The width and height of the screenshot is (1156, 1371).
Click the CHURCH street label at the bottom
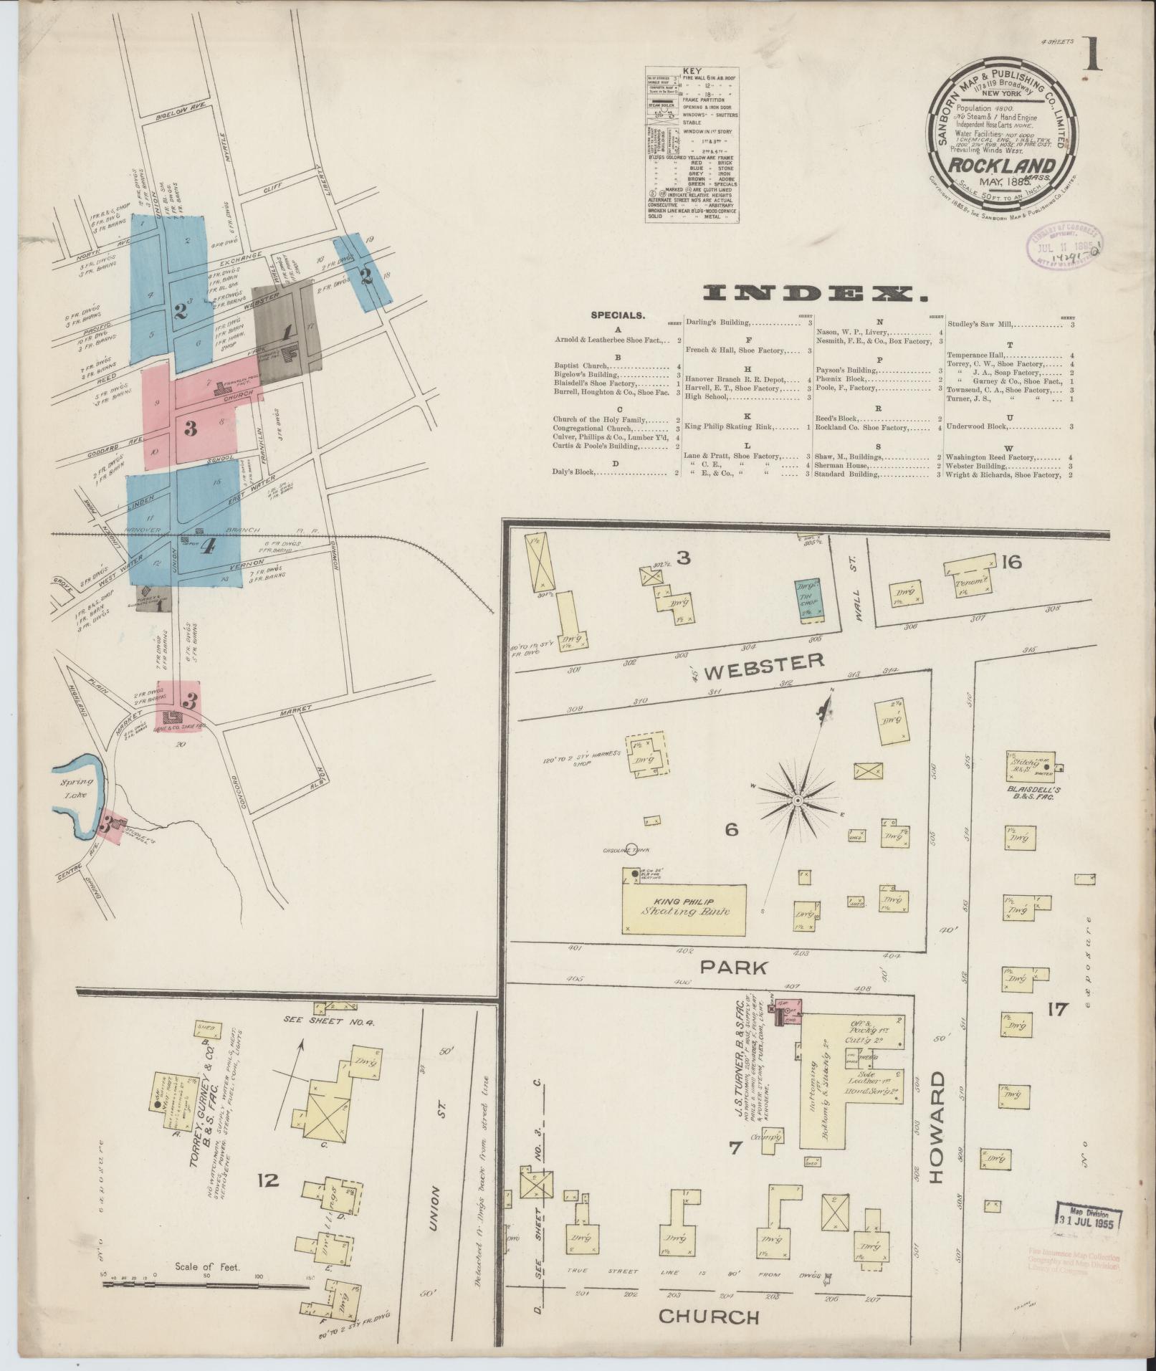pyautogui.click(x=709, y=1316)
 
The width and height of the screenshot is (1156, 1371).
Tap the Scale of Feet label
pyautogui.click(x=207, y=1266)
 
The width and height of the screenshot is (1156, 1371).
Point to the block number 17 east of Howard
pyautogui.click(x=1057, y=1011)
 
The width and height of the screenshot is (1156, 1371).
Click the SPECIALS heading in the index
pyautogui.click(x=617, y=315)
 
